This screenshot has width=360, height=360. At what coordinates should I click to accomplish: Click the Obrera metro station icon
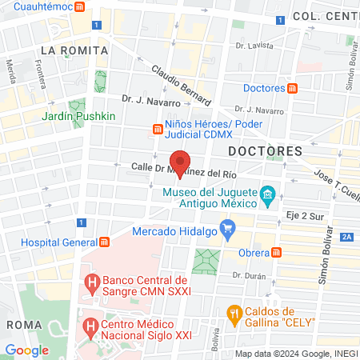pyautogui.click(x=276, y=252)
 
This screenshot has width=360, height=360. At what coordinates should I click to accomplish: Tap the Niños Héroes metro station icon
pyautogui.click(x=157, y=129)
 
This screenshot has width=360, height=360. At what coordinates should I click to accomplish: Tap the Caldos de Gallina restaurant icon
pyautogui.click(x=235, y=312)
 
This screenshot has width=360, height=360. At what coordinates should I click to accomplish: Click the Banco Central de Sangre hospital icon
pyautogui.click(x=92, y=282)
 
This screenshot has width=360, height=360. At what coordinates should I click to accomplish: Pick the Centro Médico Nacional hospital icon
pyautogui.click(x=92, y=327)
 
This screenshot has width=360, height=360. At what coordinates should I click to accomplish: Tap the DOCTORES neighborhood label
pyautogui.click(x=265, y=150)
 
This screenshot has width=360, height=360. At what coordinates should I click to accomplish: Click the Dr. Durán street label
pyautogui.click(x=248, y=274)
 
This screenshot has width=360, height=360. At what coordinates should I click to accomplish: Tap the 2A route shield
pyautogui.click(x=346, y=237)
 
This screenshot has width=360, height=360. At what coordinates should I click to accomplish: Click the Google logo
pyautogui.click(x=26, y=350)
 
